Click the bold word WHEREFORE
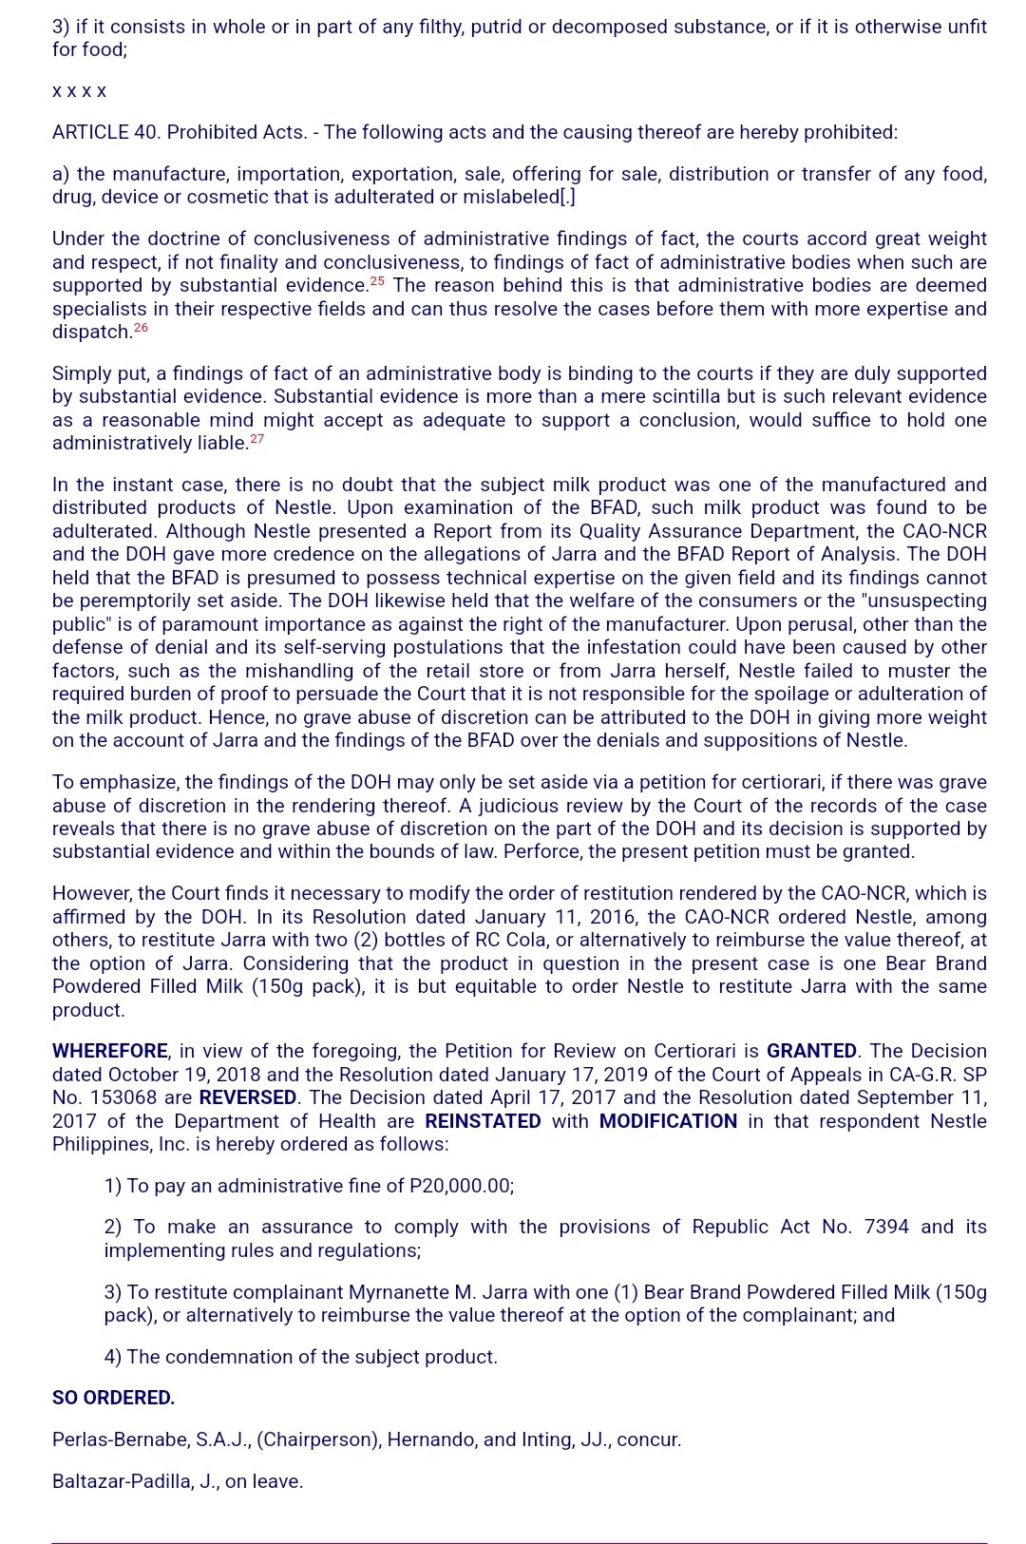click(109, 1051)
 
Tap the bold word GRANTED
click(811, 1051)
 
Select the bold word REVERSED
click(247, 1097)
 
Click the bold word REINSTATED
click(483, 1121)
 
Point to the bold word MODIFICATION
click(668, 1121)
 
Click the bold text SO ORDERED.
click(113, 1398)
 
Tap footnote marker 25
click(377, 281)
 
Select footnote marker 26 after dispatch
click(141, 328)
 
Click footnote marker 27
click(256, 439)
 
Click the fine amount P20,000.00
click(461, 1186)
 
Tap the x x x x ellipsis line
click(79, 91)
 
